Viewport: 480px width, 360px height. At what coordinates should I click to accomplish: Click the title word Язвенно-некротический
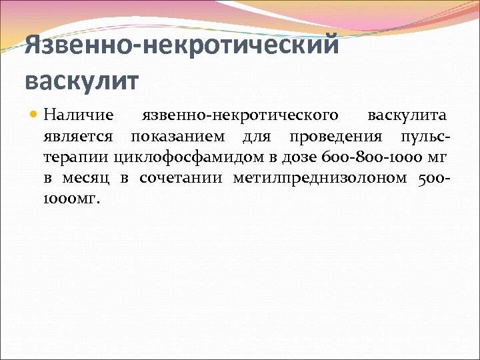182,47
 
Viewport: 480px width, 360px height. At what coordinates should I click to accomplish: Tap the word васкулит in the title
82,81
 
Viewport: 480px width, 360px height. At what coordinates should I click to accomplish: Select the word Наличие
79,115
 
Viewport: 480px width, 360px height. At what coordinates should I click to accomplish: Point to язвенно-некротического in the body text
241,115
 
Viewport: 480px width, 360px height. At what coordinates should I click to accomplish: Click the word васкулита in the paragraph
407,115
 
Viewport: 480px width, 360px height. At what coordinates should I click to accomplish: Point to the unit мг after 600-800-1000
436,158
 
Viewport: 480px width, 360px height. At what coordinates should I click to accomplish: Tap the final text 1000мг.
72,199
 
